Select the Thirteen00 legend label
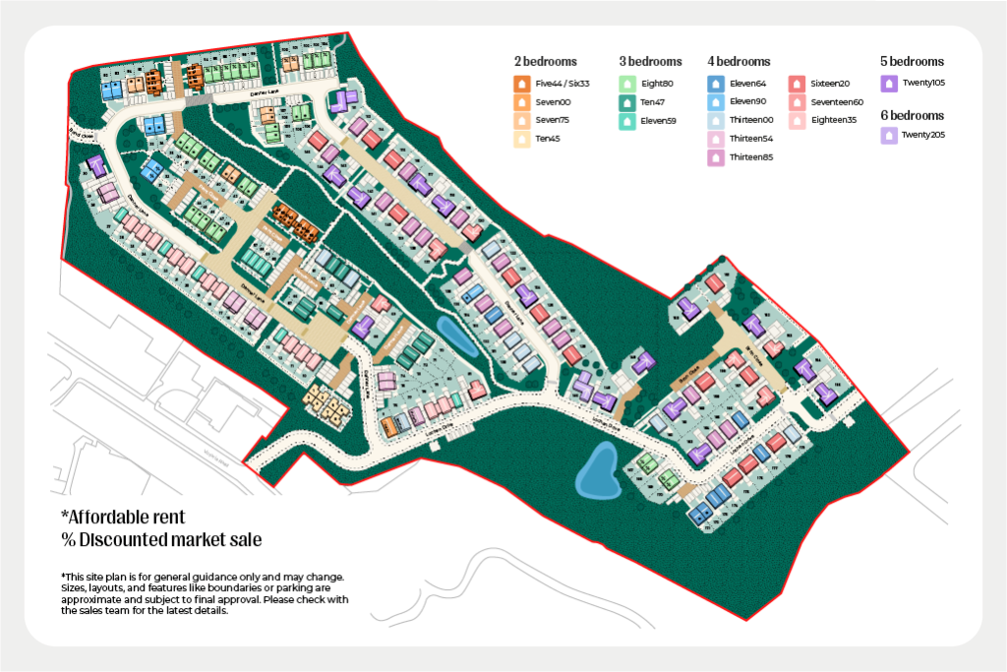pos(751,121)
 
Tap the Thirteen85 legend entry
pos(751,157)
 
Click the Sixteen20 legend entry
pos(830,84)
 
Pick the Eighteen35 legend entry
pos(833,121)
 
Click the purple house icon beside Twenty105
pos(888,84)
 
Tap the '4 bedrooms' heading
pos(739,61)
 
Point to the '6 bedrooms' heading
pos(912,115)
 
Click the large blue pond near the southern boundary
pos(597,470)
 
